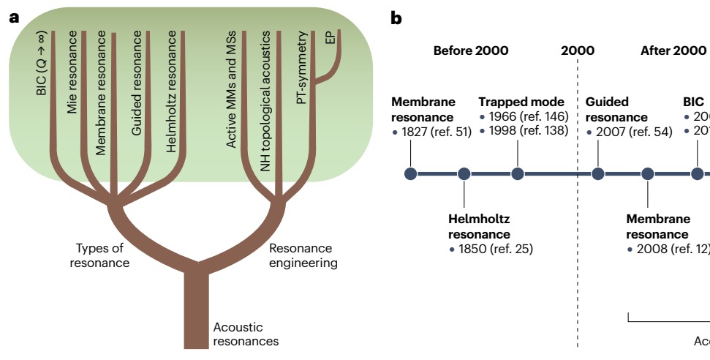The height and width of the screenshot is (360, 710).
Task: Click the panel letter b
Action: coord(396,18)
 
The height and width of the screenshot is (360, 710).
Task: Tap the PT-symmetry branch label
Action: coord(301,68)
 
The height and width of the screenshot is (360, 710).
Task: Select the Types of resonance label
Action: coord(99,256)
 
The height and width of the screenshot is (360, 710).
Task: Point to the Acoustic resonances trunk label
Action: coord(245,334)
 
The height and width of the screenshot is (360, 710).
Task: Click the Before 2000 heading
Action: coord(470,50)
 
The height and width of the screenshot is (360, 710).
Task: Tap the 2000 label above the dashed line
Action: coord(578,50)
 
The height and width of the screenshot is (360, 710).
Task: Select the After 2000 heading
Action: coord(673,50)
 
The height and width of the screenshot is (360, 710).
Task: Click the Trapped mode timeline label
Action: coord(521,102)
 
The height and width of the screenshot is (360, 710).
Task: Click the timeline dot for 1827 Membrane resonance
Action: coord(411,173)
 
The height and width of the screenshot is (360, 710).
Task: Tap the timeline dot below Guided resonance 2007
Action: coord(598,173)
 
